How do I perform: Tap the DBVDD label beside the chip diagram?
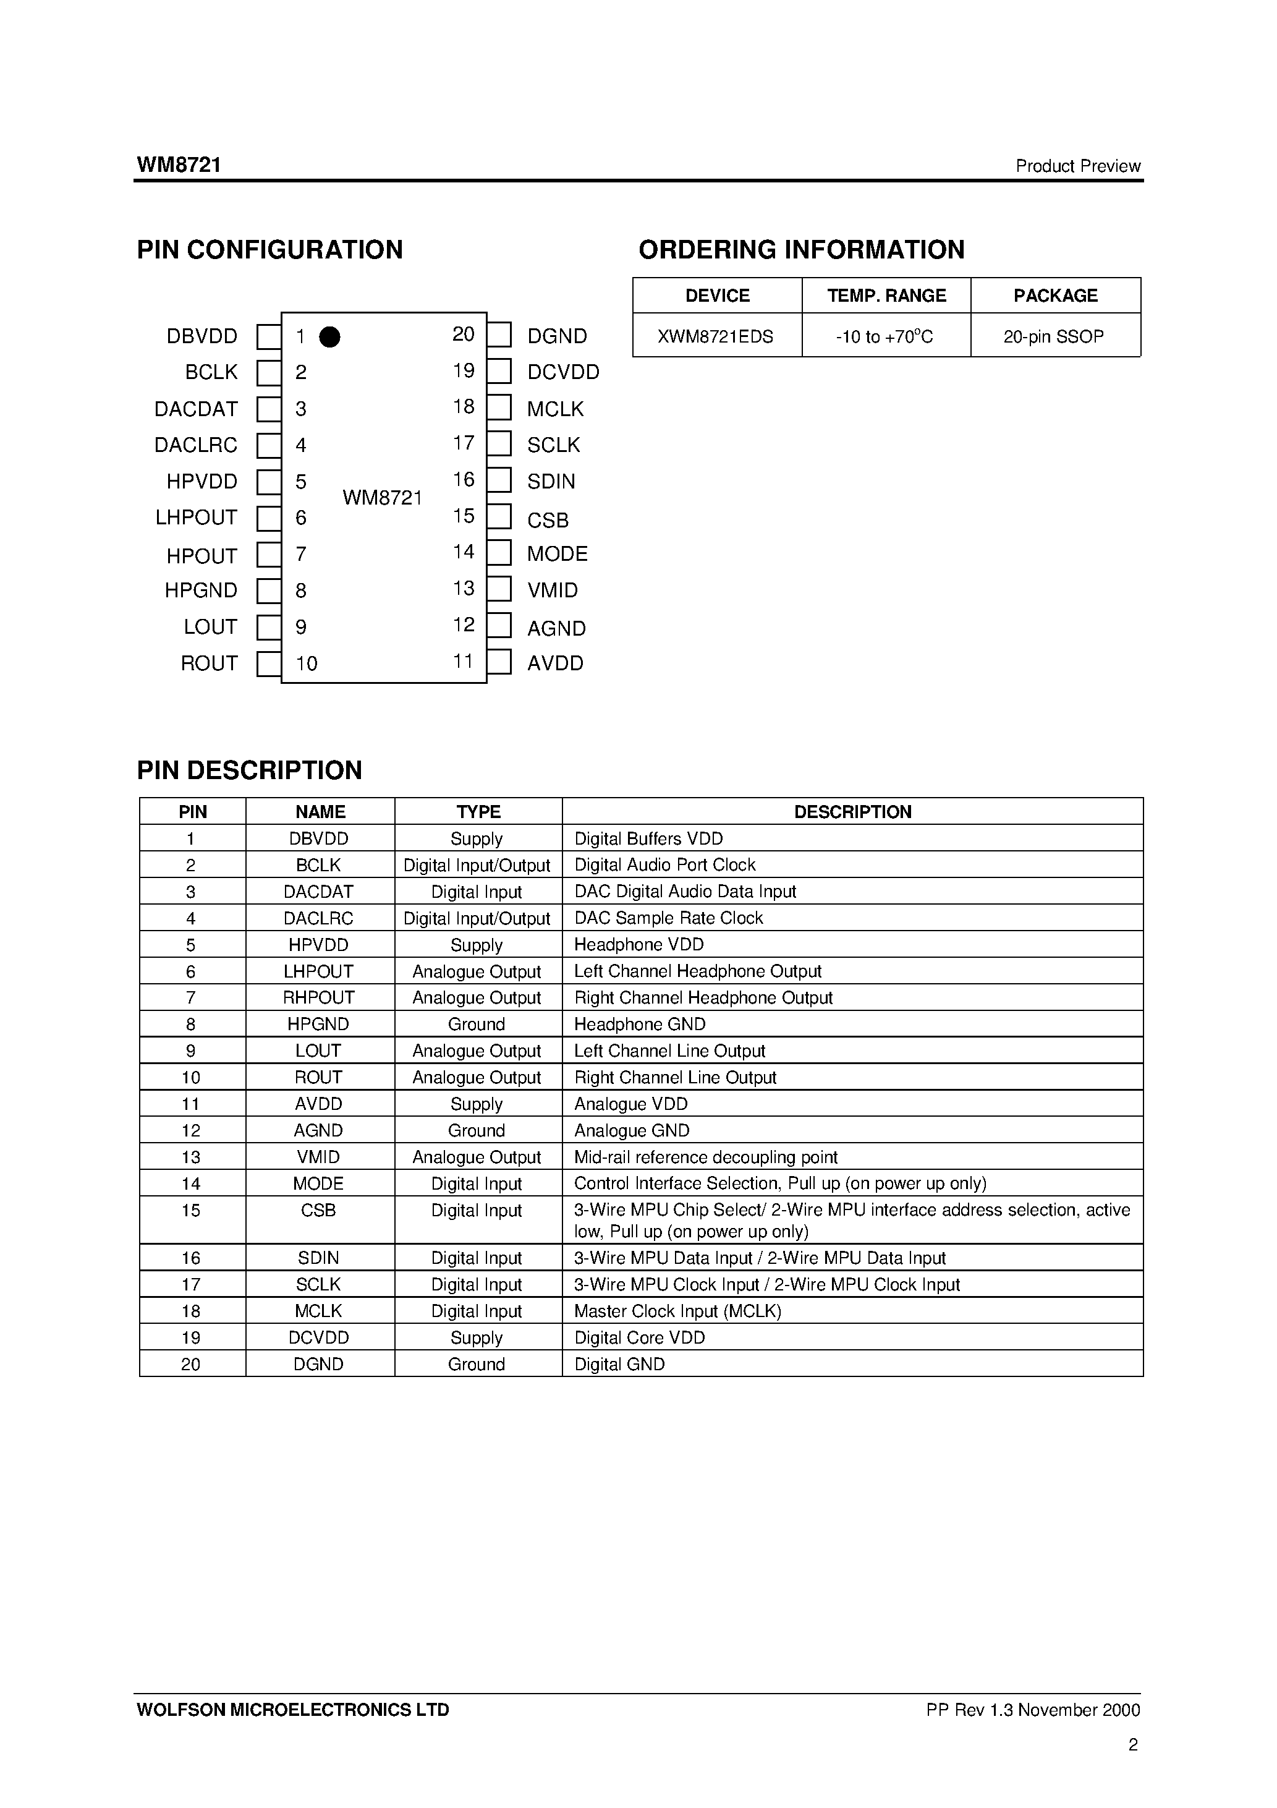[202, 336]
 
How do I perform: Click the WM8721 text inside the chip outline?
[382, 498]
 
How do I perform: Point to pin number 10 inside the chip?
[306, 664]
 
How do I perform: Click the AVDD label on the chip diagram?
[555, 663]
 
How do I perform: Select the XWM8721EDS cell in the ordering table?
[716, 336]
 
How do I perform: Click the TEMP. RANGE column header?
[886, 296]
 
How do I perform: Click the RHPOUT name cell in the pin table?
[319, 998]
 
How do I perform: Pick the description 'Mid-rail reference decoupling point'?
[705, 1157]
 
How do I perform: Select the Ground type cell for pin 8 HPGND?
[477, 1024]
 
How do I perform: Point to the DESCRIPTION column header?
[852, 812]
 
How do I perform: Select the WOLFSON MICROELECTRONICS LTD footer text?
[293, 1710]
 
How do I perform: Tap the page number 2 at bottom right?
[1133, 1744]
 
